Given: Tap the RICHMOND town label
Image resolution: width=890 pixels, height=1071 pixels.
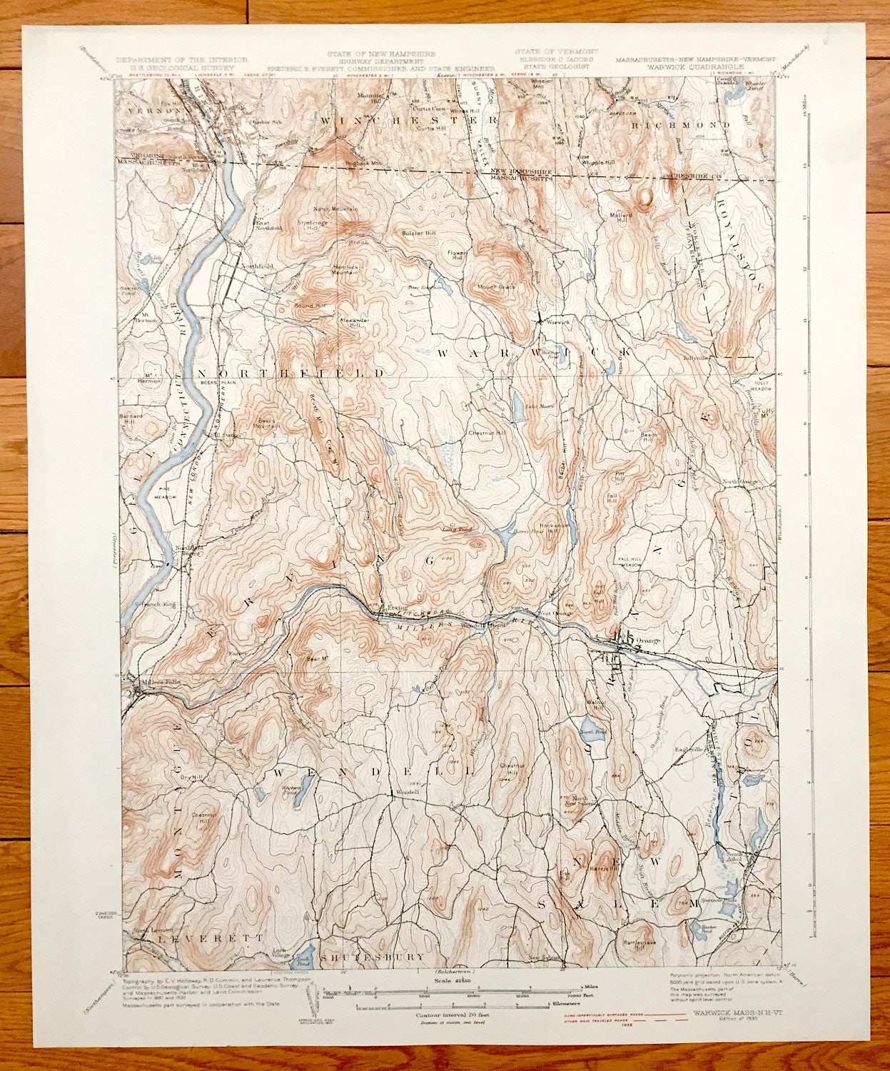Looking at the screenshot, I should [x=680, y=124].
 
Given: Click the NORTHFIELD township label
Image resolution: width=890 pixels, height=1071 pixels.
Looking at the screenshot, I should [x=290, y=373].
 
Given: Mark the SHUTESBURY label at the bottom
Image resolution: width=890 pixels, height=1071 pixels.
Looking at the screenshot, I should [x=373, y=957].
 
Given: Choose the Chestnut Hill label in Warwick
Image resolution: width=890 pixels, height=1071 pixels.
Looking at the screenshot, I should [x=487, y=433].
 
